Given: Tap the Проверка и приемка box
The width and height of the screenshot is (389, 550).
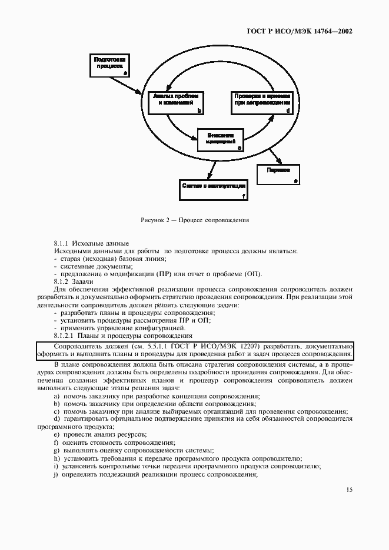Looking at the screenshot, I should [x=261, y=101].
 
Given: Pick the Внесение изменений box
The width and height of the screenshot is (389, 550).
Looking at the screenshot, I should [x=220, y=139].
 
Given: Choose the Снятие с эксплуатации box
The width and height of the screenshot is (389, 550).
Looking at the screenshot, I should [x=214, y=190].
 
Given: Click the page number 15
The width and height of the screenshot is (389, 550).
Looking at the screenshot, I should [x=348, y=489].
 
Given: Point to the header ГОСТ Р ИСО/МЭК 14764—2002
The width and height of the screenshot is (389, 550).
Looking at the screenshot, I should [x=298, y=31].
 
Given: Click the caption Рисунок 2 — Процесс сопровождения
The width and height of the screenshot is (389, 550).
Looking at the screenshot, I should [x=195, y=220].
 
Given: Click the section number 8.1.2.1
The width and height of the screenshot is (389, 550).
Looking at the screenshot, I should [x=65, y=336].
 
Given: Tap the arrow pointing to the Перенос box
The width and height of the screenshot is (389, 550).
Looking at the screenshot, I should [x=275, y=156].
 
